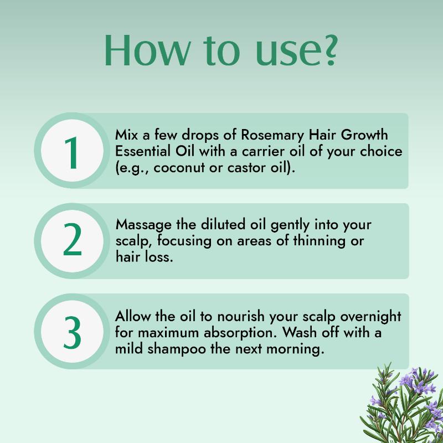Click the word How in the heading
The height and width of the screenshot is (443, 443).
coord(147,50)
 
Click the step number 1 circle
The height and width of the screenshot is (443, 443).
coord(72,150)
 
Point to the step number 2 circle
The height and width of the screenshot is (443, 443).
coord(72,241)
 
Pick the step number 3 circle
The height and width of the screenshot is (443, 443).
coord(72,331)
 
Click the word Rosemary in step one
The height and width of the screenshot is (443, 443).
coord(272,136)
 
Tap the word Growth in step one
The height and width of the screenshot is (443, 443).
coord(364,135)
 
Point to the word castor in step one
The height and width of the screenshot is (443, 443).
coord(246,168)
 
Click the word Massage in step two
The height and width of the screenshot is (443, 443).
coord(143,225)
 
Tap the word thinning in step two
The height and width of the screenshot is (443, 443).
coord(320,241)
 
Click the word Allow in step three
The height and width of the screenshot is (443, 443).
coord(133,316)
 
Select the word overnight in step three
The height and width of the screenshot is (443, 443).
coord(370,317)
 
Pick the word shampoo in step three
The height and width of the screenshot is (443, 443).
coord(177,350)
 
